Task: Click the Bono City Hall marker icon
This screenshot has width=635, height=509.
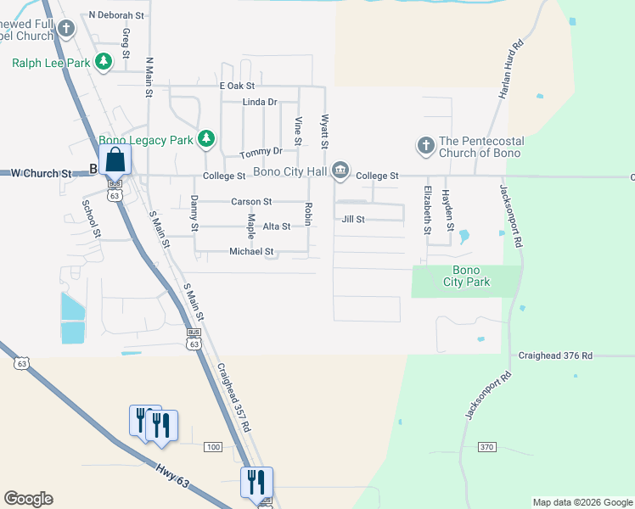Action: click(x=340, y=171)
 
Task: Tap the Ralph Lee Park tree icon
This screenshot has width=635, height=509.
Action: click(x=104, y=62)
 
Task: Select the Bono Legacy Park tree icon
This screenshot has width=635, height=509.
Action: click(x=205, y=138)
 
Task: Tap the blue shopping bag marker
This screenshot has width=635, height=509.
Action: click(x=114, y=159)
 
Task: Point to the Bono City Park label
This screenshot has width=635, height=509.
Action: click(x=466, y=276)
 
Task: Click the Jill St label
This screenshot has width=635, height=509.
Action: click(x=353, y=220)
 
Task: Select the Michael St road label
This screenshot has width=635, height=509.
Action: click(x=251, y=252)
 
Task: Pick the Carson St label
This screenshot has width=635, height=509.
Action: click(x=251, y=202)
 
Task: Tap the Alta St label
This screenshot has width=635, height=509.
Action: click(x=277, y=227)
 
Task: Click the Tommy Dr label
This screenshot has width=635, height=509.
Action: click(x=261, y=153)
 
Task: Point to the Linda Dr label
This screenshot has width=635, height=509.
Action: click(x=261, y=103)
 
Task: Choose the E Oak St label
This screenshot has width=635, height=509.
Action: click(x=237, y=87)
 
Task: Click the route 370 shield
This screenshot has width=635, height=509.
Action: click(x=486, y=446)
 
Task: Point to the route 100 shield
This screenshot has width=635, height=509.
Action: click(x=213, y=447)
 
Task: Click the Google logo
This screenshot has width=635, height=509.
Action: click(x=28, y=499)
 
